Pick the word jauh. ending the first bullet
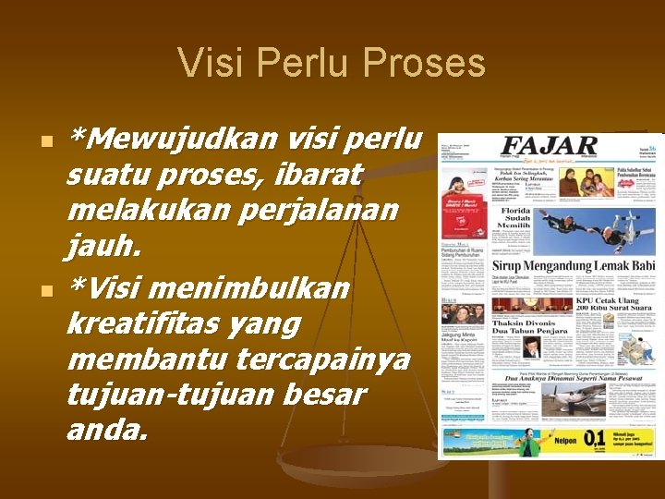tap(104, 246)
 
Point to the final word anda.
tap(106, 430)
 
